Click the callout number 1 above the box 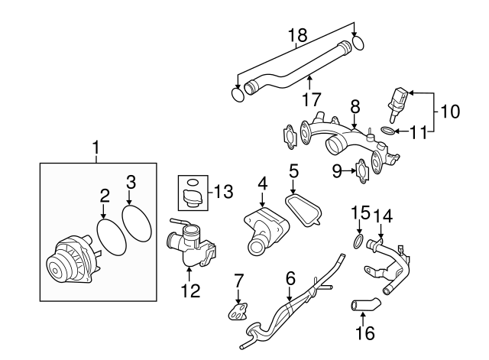(x=96, y=145)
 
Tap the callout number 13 (x=222, y=190)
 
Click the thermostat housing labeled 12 (x=189, y=245)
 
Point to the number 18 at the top (x=296, y=35)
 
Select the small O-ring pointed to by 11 (x=387, y=131)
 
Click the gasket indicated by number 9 (x=363, y=169)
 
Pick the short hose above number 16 (x=363, y=307)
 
